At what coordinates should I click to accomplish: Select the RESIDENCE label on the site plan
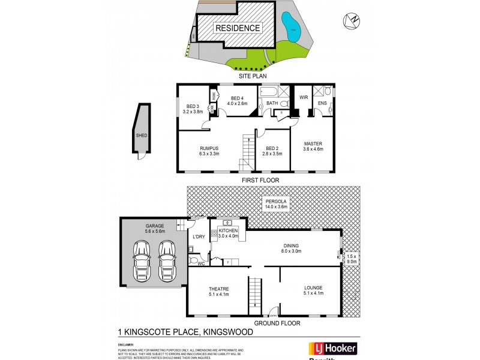(238, 28)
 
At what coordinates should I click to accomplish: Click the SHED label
(142, 136)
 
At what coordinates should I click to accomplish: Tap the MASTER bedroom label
(313, 144)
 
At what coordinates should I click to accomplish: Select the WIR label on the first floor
(303, 97)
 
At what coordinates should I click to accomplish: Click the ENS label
(322, 103)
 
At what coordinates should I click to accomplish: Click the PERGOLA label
(277, 200)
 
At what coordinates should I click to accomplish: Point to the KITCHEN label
(228, 231)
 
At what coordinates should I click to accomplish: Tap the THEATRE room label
(219, 289)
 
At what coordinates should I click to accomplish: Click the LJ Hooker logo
(332, 349)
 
